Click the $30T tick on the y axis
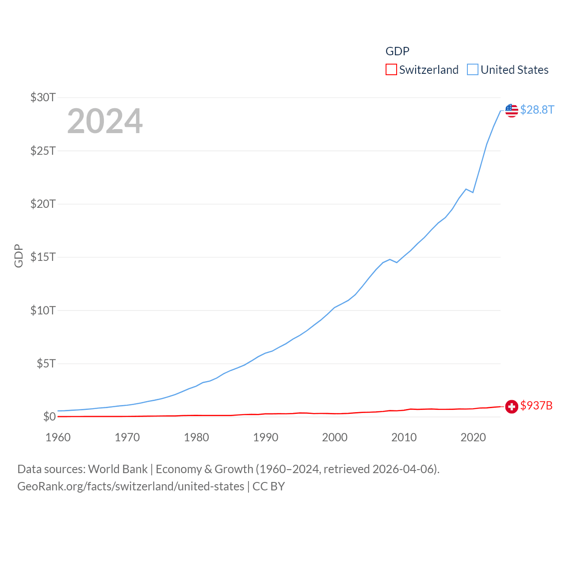tap(43, 97)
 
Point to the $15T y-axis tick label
tap(43, 257)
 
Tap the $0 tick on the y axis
tap(49, 417)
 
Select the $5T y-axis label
tap(46, 363)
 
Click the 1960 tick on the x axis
tap(58, 437)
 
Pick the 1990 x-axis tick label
tap(266, 437)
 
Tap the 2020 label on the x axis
tap(473, 437)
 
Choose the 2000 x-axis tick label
tap(335, 437)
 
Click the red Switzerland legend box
tap(391, 70)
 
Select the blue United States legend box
tap(473, 70)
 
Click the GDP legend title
tap(398, 51)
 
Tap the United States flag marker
tap(512, 111)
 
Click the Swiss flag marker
tap(512, 406)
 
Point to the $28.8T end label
tap(537, 110)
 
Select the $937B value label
tap(536, 405)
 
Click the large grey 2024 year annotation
tap(105, 121)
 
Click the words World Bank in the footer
tap(118, 469)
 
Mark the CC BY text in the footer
tap(269, 486)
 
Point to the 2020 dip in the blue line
tap(473, 192)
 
